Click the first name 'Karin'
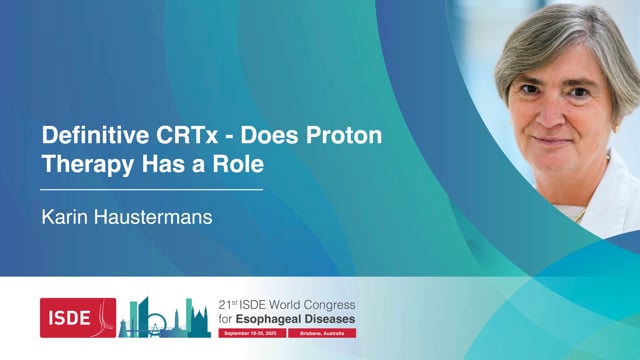(61, 214)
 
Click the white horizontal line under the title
(151, 188)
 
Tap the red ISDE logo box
(77, 317)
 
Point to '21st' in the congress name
(229, 304)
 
